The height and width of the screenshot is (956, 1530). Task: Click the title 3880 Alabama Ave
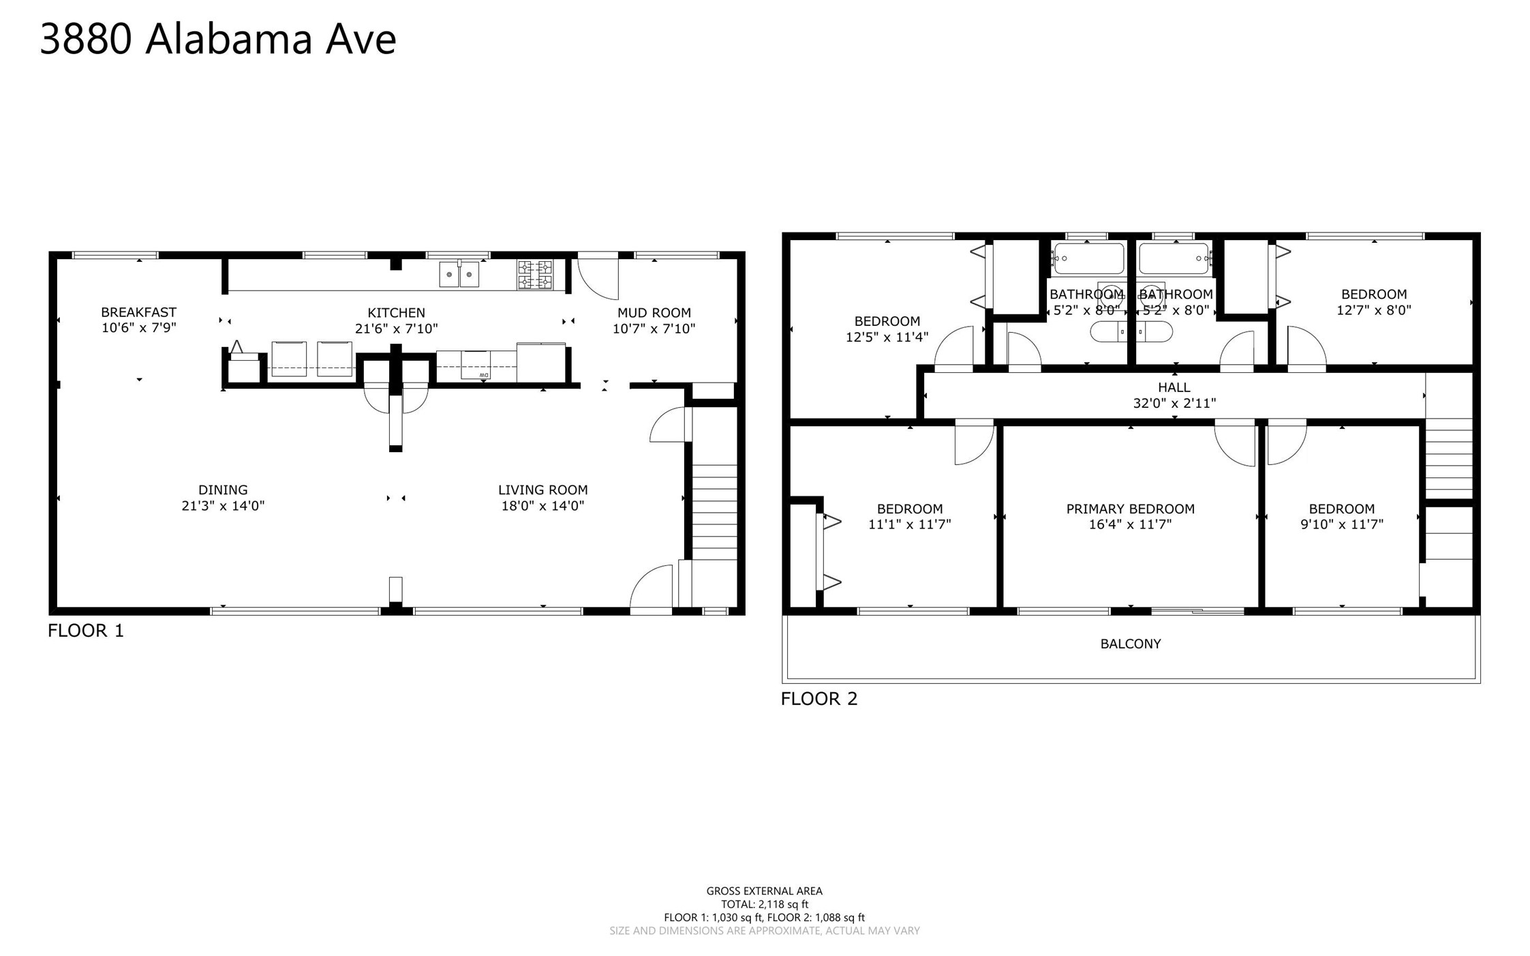[x=218, y=39]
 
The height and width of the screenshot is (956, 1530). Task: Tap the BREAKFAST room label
[x=139, y=312]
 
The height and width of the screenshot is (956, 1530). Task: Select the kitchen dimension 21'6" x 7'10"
[x=396, y=329]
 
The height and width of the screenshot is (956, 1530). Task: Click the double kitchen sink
[x=459, y=274]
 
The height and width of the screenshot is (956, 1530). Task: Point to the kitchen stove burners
[x=535, y=274]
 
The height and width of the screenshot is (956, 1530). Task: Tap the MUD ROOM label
[x=654, y=313]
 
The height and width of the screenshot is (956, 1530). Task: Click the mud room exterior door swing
[x=598, y=276]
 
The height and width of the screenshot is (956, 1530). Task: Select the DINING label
[x=223, y=490]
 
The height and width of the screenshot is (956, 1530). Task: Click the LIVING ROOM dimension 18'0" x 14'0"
[x=542, y=506]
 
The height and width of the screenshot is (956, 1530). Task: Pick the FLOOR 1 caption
[x=86, y=631]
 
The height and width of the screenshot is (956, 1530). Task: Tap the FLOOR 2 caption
[x=819, y=698]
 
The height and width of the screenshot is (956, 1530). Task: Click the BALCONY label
[x=1131, y=644]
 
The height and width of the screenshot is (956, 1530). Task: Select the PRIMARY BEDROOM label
[x=1131, y=509]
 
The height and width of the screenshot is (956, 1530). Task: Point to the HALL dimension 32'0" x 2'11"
[x=1174, y=403]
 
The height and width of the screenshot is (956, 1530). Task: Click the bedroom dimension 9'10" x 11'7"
[x=1342, y=524]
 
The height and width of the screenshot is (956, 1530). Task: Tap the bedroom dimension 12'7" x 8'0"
[x=1374, y=310]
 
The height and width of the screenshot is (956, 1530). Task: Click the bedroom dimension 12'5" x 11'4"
[x=887, y=337]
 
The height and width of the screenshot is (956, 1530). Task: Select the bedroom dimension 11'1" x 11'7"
[x=910, y=524]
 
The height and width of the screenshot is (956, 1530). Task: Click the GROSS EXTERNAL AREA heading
[x=765, y=891]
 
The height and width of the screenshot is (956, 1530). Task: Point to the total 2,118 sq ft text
[x=765, y=904]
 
